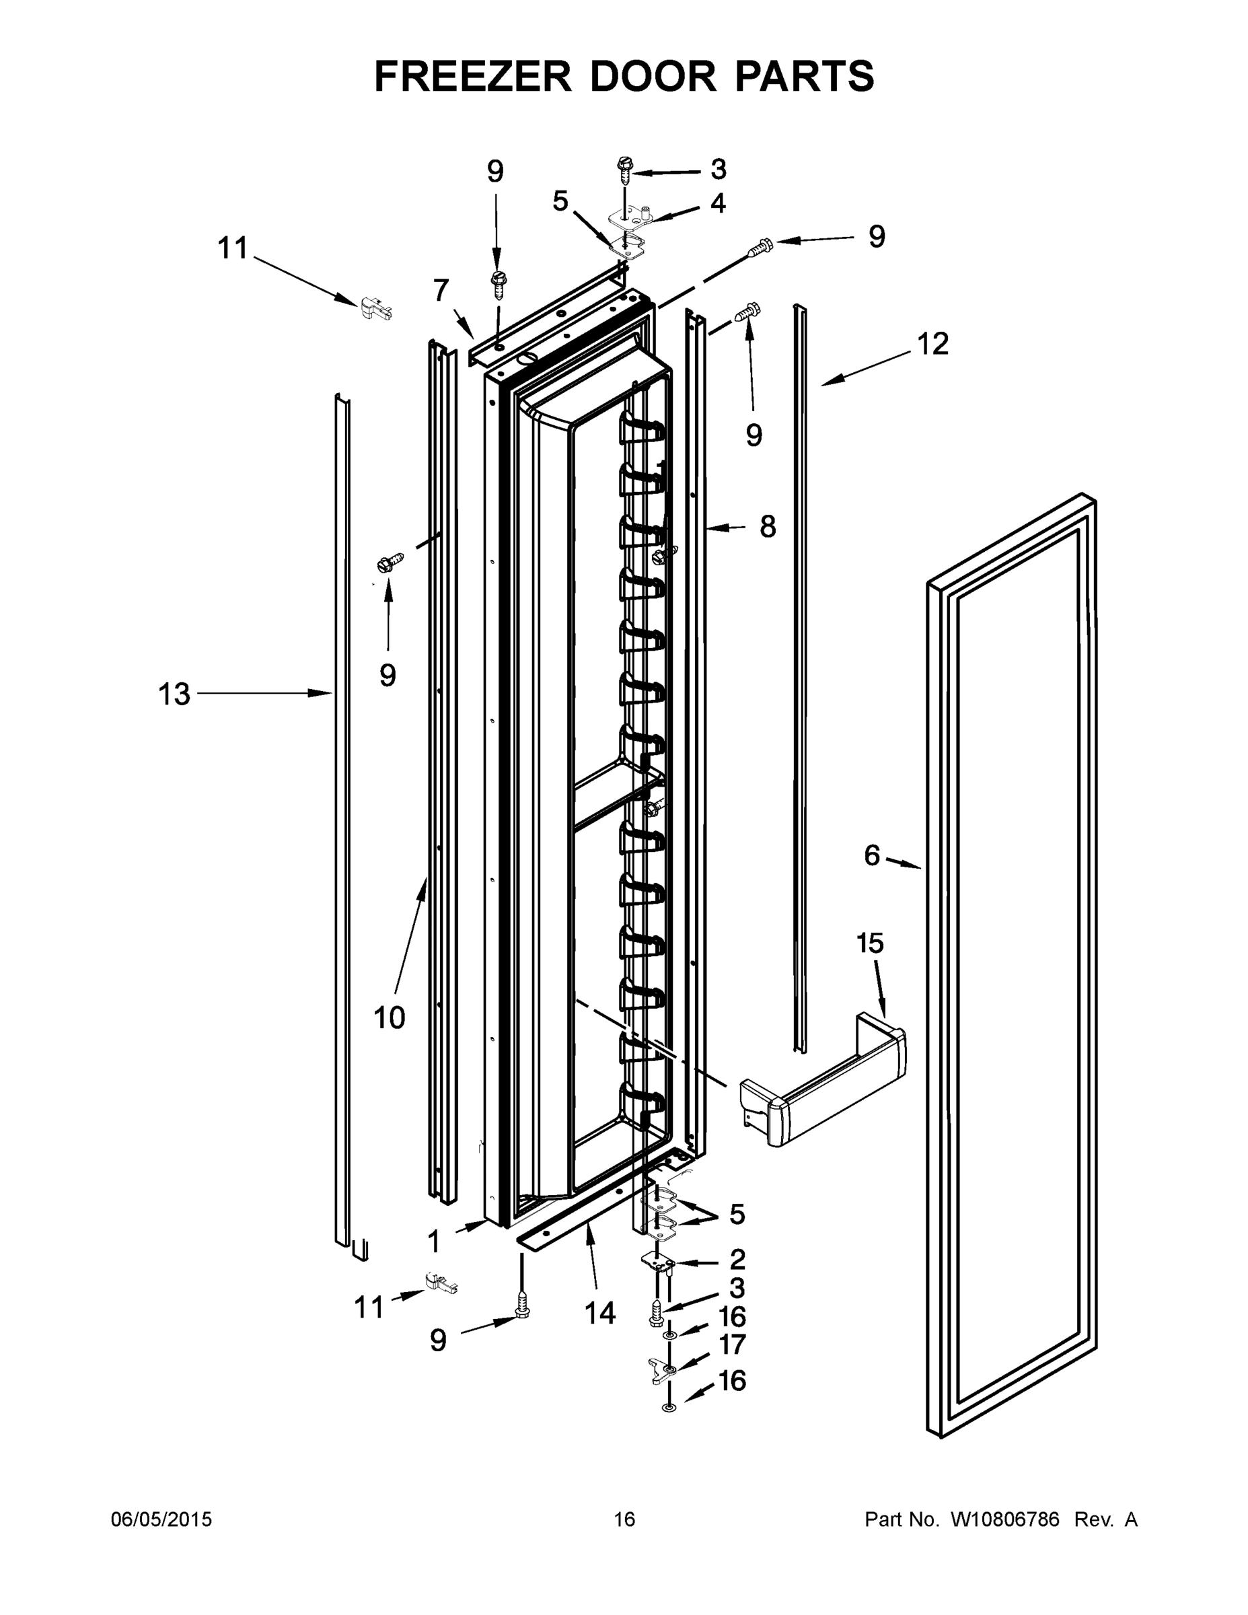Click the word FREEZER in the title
pyautogui.click(x=472, y=76)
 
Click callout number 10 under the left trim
pyautogui.click(x=390, y=1018)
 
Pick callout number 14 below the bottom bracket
pyautogui.click(x=599, y=1313)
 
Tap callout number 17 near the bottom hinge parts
pyautogui.click(x=733, y=1344)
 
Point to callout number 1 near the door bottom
pyautogui.click(x=434, y=1242)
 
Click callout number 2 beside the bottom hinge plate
pyautogui.click(x=737, y=1259)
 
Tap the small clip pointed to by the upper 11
pyautogui.click(x=375, y=308)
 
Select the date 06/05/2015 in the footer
pyautogui.click(x=161, y=1519)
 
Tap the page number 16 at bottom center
pyautogui.click(x=624, y=1519)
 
